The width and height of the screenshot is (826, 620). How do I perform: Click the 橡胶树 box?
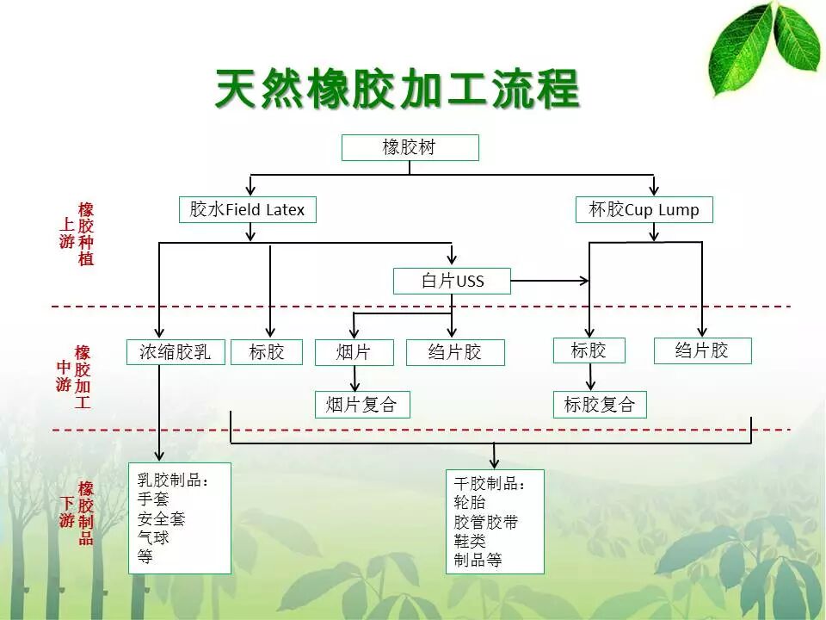point(410,147)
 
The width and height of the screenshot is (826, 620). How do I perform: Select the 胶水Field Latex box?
point(248,210)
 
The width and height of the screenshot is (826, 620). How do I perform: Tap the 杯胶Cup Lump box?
point(644,210)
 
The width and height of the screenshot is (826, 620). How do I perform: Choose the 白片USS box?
point(452,281)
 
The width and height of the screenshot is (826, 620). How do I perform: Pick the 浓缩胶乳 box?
point(176,351)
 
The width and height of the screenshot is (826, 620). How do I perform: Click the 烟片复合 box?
point(362,405)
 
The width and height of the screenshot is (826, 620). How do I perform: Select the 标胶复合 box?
point(600,405)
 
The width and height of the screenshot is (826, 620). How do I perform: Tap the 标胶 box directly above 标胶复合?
point(589,350)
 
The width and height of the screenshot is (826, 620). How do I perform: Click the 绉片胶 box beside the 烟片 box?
point(455,352)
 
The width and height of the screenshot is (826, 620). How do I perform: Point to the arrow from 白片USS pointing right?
point(550,281)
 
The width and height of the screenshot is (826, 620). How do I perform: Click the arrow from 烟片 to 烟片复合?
point(354,379)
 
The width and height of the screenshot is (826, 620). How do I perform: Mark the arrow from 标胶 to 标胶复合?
point(590,377)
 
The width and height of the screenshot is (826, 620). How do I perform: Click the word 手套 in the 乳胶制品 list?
point(153,499)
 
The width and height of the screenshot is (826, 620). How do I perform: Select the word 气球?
point(153,537)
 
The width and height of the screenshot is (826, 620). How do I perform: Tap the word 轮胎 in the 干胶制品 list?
point(470,502)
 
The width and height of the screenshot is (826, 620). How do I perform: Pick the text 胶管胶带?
point(485,522)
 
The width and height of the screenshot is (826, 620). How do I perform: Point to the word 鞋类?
point(470,541)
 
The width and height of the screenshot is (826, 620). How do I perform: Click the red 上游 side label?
point(66,232)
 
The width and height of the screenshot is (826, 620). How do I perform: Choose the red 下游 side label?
point(66,512)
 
